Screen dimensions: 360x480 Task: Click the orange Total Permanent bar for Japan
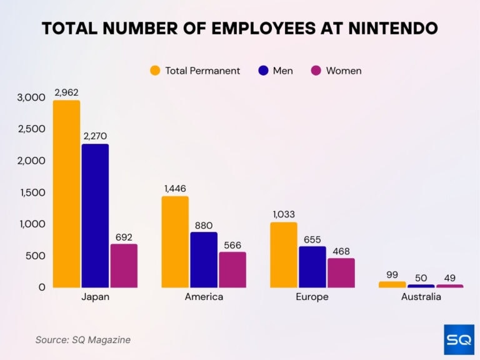[66, 194]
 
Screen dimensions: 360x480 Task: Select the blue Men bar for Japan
[95, 216]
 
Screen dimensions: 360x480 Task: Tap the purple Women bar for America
[232, 270]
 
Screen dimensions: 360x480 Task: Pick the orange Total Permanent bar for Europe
[283, 255]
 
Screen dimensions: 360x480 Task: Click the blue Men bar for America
[204, 260]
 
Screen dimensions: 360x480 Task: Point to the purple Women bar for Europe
[341, 273]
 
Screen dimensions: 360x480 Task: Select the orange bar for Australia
[392, 284]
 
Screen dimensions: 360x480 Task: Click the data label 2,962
[66, 92]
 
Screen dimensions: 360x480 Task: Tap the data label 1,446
[175, 188]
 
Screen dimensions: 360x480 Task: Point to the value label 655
[312, 238]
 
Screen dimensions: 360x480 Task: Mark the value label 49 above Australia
[449, 276]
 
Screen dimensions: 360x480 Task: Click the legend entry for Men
[275, 71]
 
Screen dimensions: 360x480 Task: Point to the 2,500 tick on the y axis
[32, 129]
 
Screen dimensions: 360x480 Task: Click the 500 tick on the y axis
[36, 256]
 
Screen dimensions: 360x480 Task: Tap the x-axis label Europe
[312, 297]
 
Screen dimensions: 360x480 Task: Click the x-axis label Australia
[421, 297]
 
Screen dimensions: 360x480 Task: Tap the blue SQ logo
[459, 339]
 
